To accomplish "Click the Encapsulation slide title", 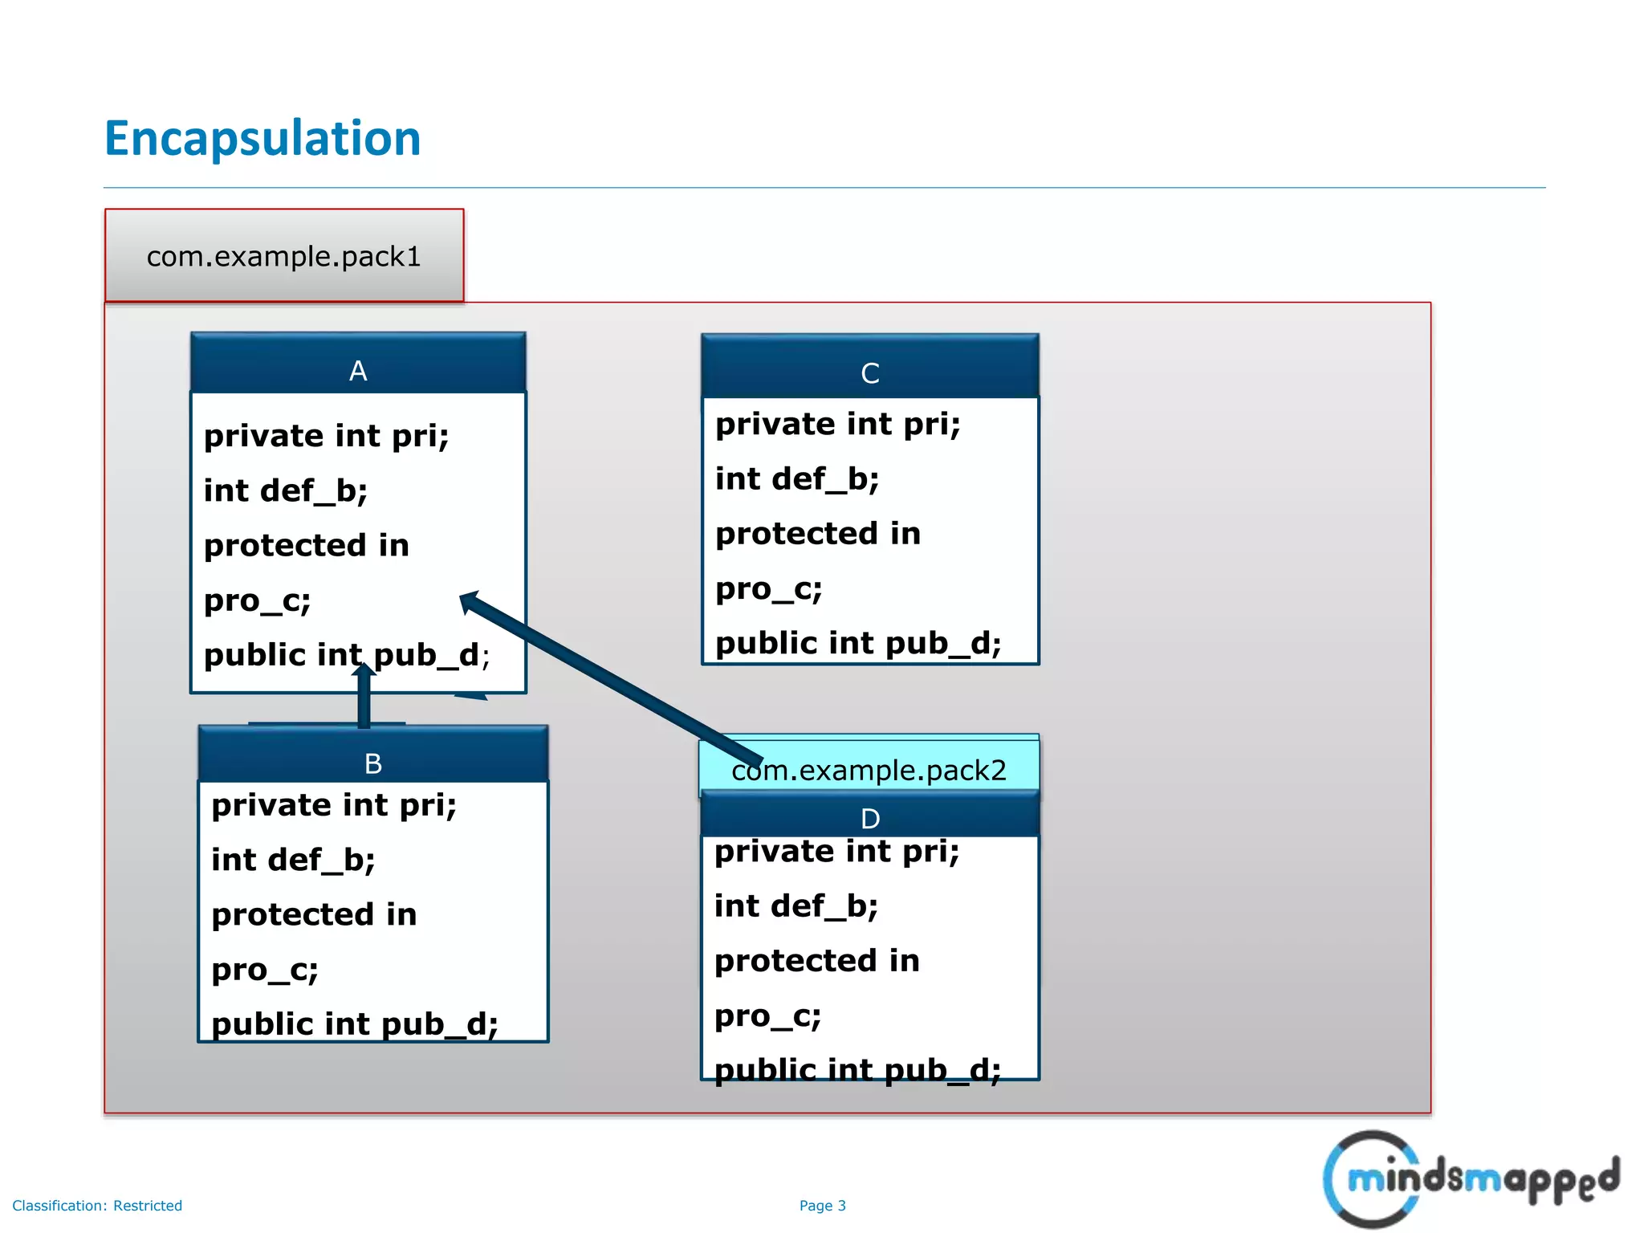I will coord(262,138).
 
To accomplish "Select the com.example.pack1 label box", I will coord(283,256).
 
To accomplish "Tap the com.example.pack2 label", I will coord(869,770).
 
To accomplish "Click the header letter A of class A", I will coord(358,371).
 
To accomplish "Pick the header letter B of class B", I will coord(373,763).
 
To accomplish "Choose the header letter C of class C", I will coord(870,373).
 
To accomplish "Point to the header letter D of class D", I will coord(870,819).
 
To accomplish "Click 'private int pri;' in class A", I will coord(326,436).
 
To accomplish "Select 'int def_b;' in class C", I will coord(797,479).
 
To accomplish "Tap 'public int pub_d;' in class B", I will coord(354,1024).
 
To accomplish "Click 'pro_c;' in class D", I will coord(767,1016).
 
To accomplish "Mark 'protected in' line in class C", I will coord(817,534).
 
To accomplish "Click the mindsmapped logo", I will coord(1469,1178).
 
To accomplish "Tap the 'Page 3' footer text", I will coord(822,1206).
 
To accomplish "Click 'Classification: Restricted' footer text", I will coord(97,1206).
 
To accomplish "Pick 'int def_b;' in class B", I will coord(293,860).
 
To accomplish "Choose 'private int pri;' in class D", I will coord(836,852).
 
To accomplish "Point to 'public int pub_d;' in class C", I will coord(858,644).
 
